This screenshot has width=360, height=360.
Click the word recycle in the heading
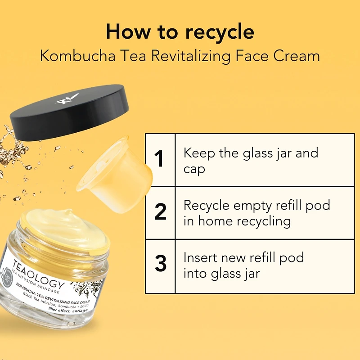(x=220, y=32)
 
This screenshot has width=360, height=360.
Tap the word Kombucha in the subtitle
(x=77, y=56)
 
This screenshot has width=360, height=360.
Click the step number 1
(x=159, y=159)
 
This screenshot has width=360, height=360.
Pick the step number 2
(x=161, y=211)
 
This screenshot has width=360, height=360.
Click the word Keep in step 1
(x=199, y=153)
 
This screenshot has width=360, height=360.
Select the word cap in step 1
(x=194, y=170)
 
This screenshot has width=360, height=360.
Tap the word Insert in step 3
(x=200, y=257)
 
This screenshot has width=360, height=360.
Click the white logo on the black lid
(x=67, y=99)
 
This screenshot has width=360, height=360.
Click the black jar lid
(x=69, y=112)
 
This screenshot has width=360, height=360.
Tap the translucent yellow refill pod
(x=115, y=175)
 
